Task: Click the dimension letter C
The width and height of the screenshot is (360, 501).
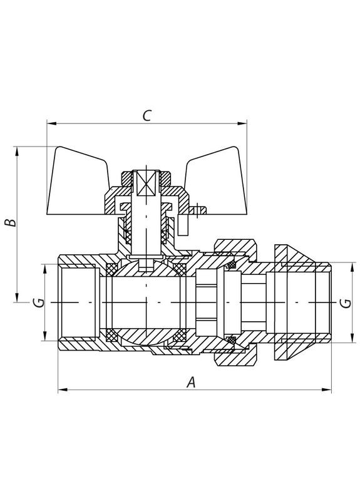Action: (147, 115)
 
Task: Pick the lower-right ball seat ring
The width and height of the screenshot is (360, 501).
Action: (180, 334)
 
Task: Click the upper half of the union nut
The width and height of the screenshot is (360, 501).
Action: (236, 245)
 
